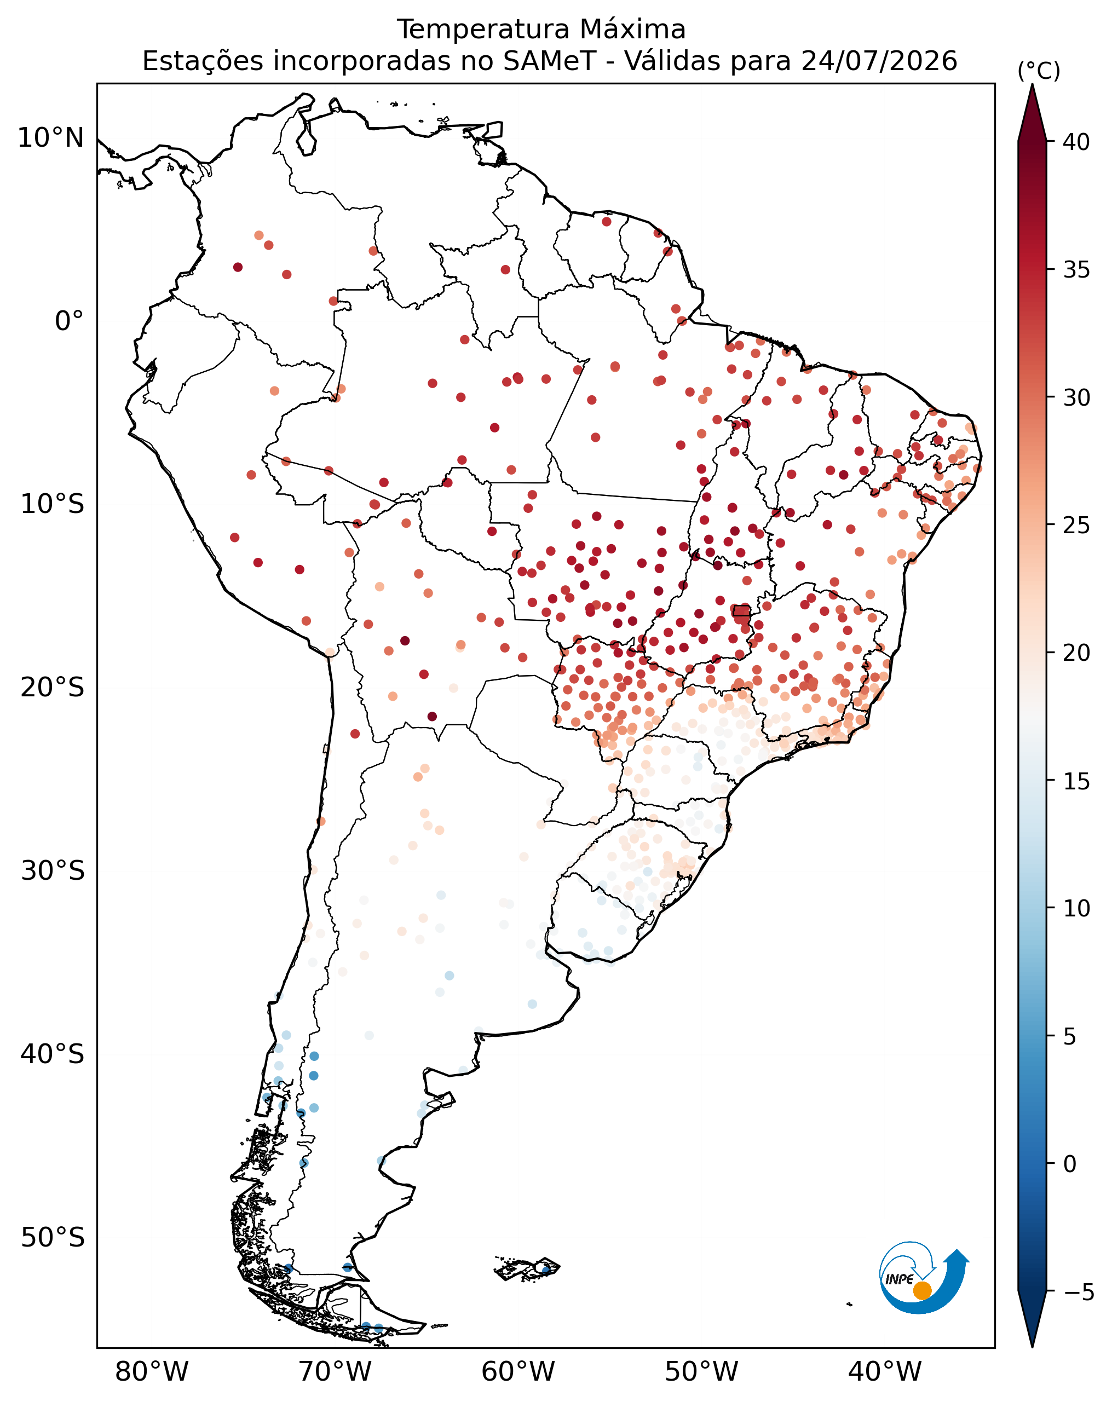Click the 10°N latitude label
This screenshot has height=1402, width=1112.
pyautogui.click(x=51, y=138)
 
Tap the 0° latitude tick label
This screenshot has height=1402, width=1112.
pyautogui.click(x=70, y=321)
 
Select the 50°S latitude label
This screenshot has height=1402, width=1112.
pyautogui.click(x=53, y=1237)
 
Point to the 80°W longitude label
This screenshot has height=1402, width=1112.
pyautogui.click(x=152, y=1372)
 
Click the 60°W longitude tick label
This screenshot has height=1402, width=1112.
pyautogui.click(x=518, y=1372)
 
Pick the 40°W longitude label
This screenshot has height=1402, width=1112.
pyautogui.click(x=885, y=1372)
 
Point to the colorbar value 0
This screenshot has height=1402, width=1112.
pyautogui.click(x=1070, y=1164)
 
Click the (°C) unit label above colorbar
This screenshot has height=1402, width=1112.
pyautogui.click(x=1039, y=71)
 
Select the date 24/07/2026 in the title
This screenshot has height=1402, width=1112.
pyautogui.click(x=879, y=61)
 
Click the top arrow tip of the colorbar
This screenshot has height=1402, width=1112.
pyautogui.click(x=1032, y=84)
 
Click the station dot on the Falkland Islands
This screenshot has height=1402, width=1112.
pyautogui.click(x=546, y=1270)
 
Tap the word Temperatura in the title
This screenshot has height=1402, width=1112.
pyautogui.click(x=483, y=29)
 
